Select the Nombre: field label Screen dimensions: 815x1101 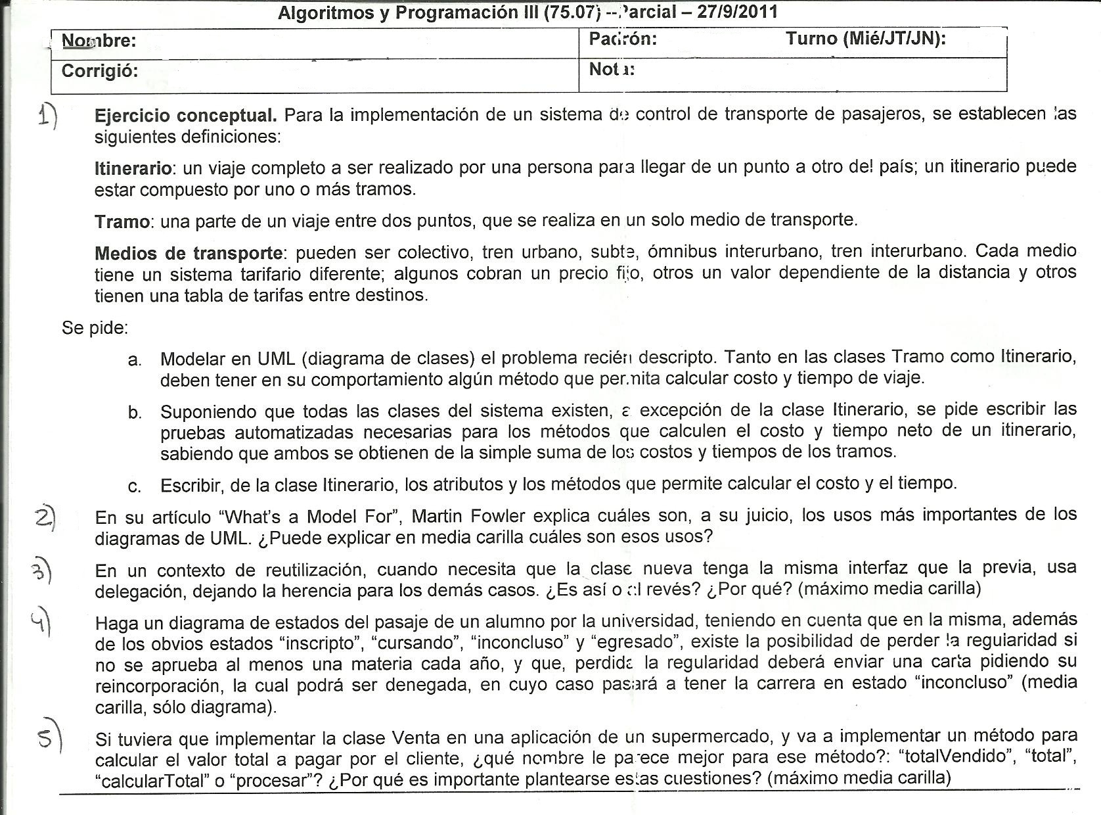click(x=99, y=41)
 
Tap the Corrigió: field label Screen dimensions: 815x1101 click(x=100, y=71)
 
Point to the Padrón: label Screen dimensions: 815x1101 click(x=623, y=39)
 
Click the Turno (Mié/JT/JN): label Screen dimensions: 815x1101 click(x=866, y=39)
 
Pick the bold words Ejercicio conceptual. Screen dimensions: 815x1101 click(x=186, y=116)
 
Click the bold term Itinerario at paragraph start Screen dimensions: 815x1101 click(x=133, y=168)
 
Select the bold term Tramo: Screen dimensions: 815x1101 click(x=124, y=221)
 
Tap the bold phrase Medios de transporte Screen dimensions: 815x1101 click(x=189, y=253)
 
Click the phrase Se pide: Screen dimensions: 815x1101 click(x=95, y=327)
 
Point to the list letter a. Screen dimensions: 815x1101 click(x=135, y=360)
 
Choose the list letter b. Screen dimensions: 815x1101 click(x=135, y=413)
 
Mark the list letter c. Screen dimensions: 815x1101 click(x=135, y=486)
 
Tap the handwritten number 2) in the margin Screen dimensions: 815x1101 click(x=45, y=518)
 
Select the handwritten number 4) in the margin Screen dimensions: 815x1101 click(x=41, y=621)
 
